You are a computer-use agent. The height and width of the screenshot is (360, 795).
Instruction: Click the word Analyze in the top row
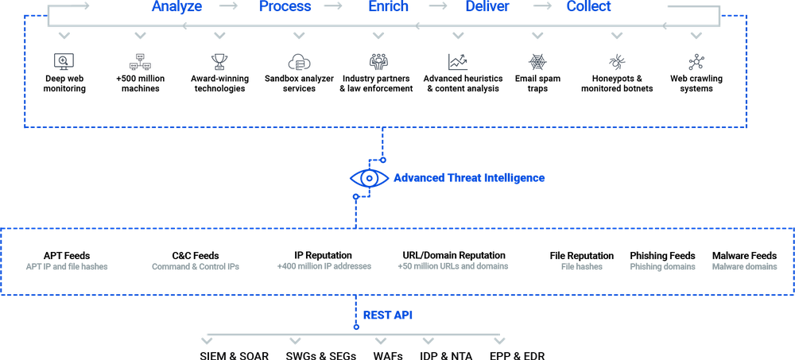176,7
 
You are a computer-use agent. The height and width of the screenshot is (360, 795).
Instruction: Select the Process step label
285,7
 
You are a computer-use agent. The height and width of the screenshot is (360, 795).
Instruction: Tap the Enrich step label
389,7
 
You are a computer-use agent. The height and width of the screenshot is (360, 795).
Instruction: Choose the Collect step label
589,7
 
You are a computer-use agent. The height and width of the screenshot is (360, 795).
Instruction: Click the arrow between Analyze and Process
229,7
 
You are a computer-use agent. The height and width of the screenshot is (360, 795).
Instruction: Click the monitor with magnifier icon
62,61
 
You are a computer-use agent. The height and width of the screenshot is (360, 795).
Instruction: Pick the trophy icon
219,61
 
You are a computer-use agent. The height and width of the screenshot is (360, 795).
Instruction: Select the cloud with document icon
298,62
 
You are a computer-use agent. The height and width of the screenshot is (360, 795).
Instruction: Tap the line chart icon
457,61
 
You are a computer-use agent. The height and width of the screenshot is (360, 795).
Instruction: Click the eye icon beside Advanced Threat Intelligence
370,179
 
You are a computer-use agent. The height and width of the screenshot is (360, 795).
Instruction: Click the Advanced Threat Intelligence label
470,178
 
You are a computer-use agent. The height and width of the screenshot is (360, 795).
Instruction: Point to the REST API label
388,315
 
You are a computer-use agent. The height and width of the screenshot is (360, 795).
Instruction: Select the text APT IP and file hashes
67,267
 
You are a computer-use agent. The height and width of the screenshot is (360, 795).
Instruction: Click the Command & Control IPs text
195,267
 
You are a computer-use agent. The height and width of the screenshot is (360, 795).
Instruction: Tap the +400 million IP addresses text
324,267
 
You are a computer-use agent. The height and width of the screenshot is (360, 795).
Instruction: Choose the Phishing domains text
663,267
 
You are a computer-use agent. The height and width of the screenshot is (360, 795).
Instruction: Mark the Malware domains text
745,267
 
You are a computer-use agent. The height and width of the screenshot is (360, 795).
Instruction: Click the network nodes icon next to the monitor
140,61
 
